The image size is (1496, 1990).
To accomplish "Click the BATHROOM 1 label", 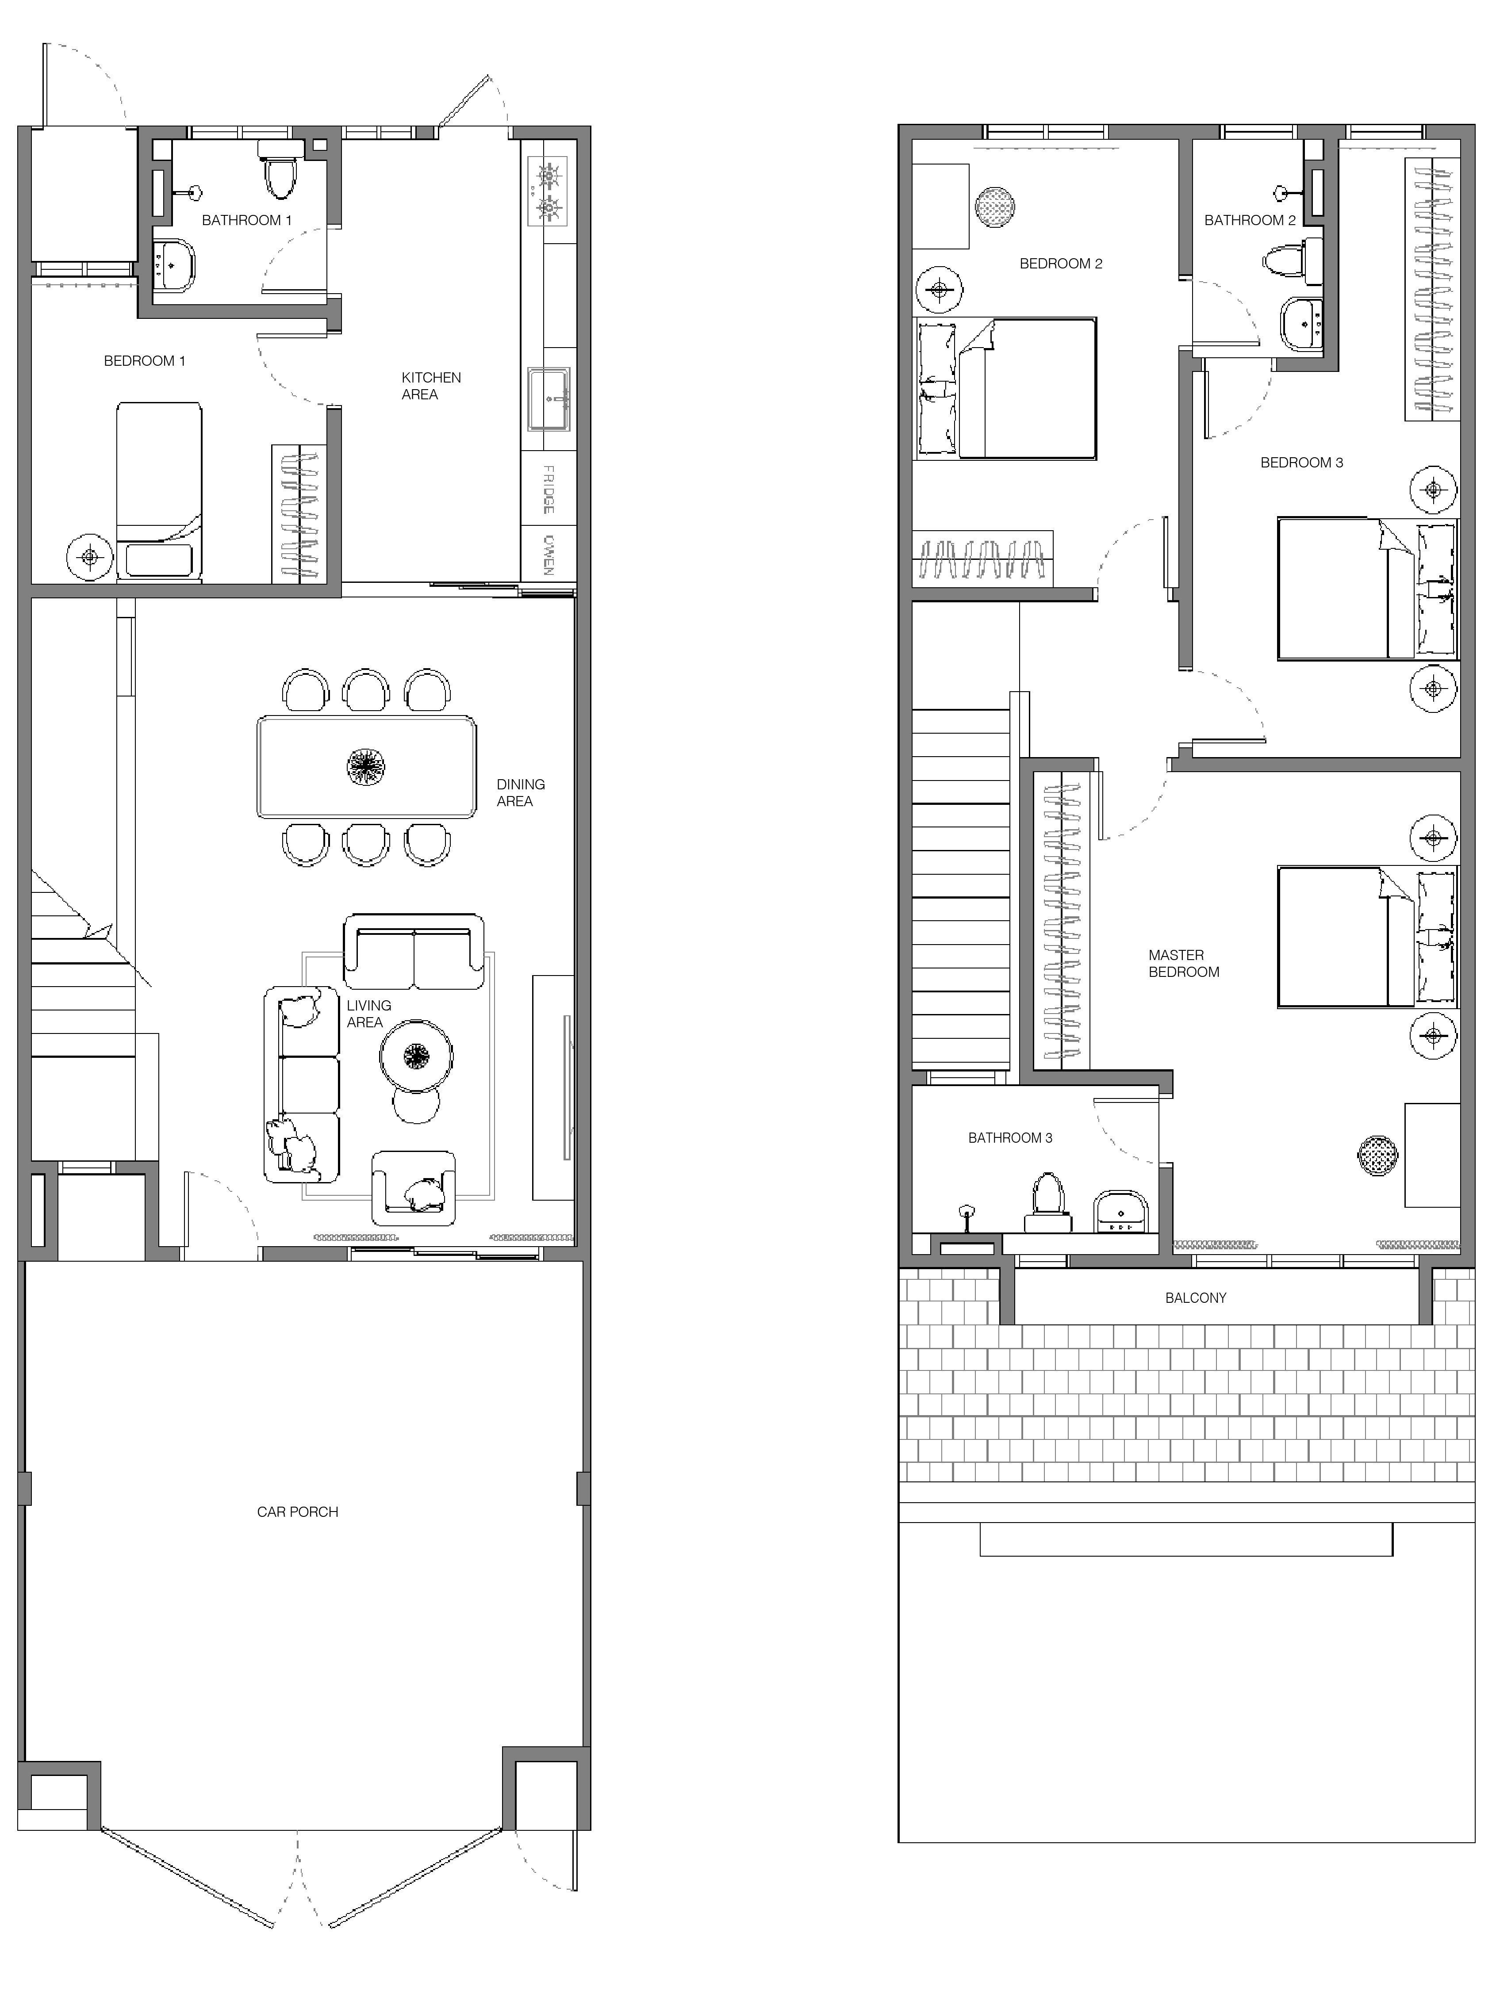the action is coord(247,219).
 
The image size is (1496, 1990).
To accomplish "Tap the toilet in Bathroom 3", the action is coord(1047,1203).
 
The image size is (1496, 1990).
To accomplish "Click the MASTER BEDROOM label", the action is coord(1184,964).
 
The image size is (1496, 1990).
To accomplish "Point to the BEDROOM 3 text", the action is coord(1301,463).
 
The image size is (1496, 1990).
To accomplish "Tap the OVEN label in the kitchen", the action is coord(548,555).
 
